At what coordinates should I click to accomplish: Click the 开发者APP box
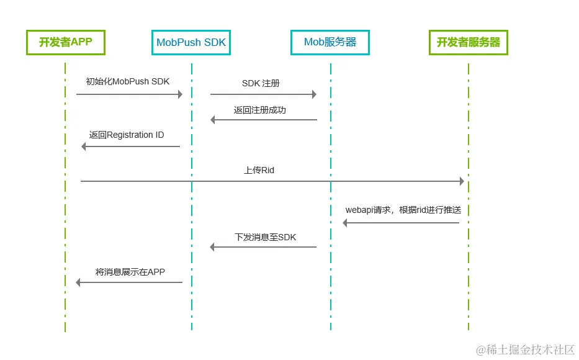point(65,42)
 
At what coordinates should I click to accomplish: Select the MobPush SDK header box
point(191,43)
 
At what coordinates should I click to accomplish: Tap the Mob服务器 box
point(330,42)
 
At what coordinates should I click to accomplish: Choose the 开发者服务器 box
point(469,42)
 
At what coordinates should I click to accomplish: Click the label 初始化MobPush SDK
point(127,81)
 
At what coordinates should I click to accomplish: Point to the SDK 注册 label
point(261,83)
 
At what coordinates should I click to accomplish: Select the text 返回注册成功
point(260,110)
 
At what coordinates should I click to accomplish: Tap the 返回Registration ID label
point(127,135)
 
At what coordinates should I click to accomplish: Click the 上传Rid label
point(259,169)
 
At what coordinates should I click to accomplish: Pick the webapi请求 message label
point(407,210)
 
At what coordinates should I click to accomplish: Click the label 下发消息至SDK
point(266,236)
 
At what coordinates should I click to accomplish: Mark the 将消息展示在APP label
point(130,271)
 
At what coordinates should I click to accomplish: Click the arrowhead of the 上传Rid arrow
point(461,181)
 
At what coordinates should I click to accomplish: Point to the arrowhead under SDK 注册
point(314,94)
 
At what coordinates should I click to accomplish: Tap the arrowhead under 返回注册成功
point(213,120)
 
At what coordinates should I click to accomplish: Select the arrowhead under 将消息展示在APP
point(78,282)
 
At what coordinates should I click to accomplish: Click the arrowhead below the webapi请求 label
point(346,223)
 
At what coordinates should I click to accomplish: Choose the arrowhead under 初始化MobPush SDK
point(180,94)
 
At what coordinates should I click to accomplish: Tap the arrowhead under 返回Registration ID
point(84,146)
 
